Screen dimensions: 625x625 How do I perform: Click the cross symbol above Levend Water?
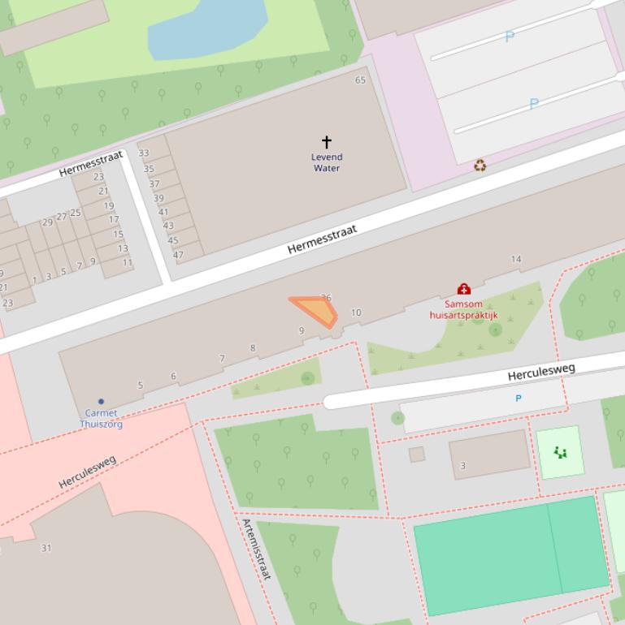327,142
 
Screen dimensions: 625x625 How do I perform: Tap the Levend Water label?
327,162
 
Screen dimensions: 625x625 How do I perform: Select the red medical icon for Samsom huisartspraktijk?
463,289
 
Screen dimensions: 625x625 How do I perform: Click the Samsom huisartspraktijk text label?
463,310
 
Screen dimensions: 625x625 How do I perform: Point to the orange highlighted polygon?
318,310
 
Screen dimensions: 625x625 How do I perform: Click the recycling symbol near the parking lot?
480,166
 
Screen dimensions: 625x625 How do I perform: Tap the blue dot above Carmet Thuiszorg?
101,401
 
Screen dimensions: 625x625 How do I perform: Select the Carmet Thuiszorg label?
101,418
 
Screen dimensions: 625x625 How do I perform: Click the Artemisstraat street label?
255,549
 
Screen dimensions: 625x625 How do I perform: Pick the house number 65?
360,80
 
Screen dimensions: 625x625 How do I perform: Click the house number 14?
516,260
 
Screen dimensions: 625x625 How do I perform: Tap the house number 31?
46,548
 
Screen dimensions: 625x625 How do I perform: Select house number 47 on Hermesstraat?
178,254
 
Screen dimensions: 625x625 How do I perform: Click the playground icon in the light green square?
560,452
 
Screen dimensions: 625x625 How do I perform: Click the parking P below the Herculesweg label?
519,399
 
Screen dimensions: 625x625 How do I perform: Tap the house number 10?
356,312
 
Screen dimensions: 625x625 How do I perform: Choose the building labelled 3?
490,455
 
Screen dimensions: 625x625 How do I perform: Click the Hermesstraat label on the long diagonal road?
322,240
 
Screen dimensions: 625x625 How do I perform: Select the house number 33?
144,153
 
